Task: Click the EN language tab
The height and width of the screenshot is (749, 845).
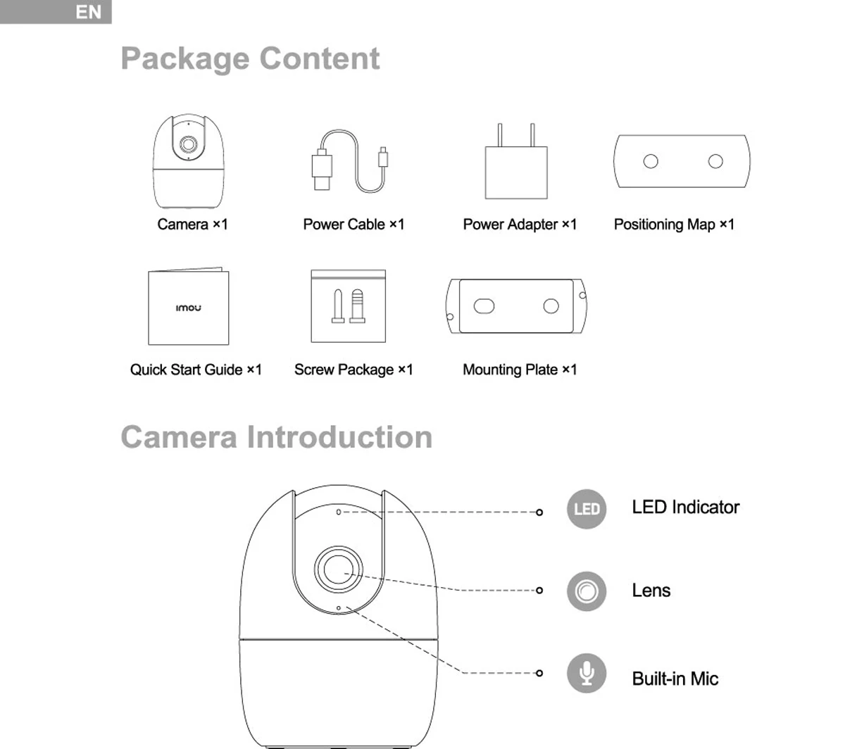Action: tap(88, 12)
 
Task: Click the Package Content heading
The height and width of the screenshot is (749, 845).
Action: tap(250, 58)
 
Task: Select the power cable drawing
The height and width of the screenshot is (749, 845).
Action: tap(349, 162)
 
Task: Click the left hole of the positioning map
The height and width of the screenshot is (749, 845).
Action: tap(651, 161)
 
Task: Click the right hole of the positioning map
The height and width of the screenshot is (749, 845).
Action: tap(715, 161)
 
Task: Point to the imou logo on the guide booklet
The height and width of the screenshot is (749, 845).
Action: tap(188, 308)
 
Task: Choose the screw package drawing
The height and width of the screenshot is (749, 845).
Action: tap(349, 306)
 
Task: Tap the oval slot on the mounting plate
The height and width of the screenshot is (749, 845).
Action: tap(484, 306)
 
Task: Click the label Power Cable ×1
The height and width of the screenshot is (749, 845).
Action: tap(353, 225)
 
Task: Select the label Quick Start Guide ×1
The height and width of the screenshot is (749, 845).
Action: tap(196, 370)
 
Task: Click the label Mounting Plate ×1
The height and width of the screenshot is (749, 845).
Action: tap(520, 370)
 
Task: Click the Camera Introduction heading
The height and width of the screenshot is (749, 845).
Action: tap(276, 437)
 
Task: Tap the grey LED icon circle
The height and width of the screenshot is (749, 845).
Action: tap(587, 508)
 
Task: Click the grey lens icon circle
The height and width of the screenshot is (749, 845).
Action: tap(587, 591)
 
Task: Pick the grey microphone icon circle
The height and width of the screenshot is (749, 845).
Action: tap(587, 674)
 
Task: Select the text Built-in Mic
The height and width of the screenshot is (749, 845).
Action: tap(675, 679)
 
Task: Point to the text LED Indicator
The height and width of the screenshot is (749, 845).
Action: tap(685, 508)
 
